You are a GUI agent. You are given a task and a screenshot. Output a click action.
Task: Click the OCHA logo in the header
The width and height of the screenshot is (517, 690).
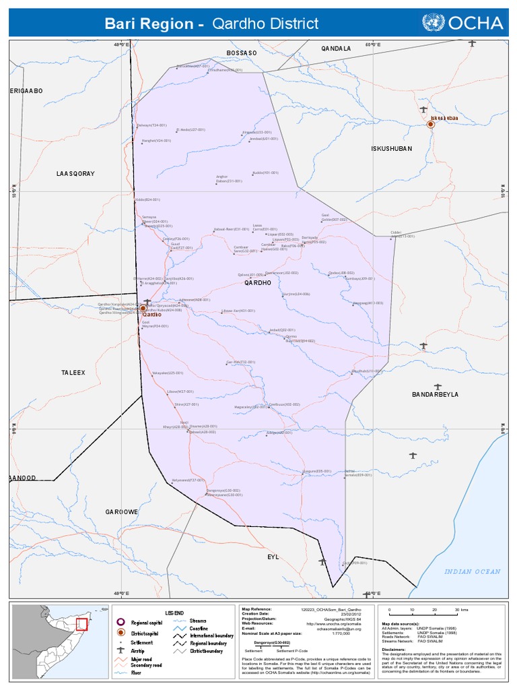point(462,24)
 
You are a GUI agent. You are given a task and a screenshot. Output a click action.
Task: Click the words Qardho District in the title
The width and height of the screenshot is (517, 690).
point(265,24)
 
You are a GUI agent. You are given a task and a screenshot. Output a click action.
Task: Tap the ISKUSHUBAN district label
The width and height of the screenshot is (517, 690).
point(391,148)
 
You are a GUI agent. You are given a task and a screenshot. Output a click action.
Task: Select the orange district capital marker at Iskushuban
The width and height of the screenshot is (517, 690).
point(431,125)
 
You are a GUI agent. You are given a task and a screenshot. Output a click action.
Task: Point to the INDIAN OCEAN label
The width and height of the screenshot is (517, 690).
point(472,571)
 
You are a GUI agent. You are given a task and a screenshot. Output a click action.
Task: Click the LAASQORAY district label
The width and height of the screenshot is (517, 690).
point(75,174)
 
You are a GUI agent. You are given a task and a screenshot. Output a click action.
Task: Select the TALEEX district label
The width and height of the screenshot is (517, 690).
point(73,372)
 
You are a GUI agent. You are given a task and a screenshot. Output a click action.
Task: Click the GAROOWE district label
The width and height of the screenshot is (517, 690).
point(121,512)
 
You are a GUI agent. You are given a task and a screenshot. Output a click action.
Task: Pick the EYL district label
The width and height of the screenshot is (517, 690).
point(273,557)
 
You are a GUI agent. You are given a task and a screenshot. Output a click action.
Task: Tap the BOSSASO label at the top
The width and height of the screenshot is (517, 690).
point(242,53)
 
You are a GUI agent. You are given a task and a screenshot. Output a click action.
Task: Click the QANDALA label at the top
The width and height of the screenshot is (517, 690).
point(336,49)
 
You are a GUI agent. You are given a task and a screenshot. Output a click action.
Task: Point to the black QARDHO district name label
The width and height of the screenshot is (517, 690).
point(257,283)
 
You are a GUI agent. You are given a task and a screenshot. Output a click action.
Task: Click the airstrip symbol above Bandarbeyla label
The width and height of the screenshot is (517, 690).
point(438,387)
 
